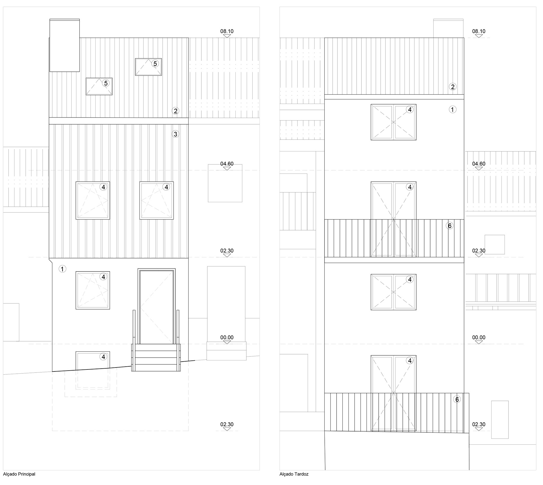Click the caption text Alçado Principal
click(19, 474)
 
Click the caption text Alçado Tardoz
click(294, 474)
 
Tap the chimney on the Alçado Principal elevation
click(64, 45)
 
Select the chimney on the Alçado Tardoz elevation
click(448, 28)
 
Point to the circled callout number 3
click(175, 134)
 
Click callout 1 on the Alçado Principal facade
click(62, 269)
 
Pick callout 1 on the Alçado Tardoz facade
click(453, 109)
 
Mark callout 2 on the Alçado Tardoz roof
click(453, 87)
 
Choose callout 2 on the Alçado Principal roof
click(175, 111)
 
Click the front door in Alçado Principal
click(156, 306)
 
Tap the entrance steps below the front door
click(156, 357)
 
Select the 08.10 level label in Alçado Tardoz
click(479, 31)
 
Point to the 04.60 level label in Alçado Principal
click(227, 164)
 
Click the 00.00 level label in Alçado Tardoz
click(479, 338)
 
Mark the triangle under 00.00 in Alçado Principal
click(227, 342)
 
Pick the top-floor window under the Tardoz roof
click(393, 122)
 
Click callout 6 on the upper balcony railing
click(450, 226)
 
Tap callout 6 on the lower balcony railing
click(457, 399)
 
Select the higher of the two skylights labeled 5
click(148, 67)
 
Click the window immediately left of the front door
click(93, 290)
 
